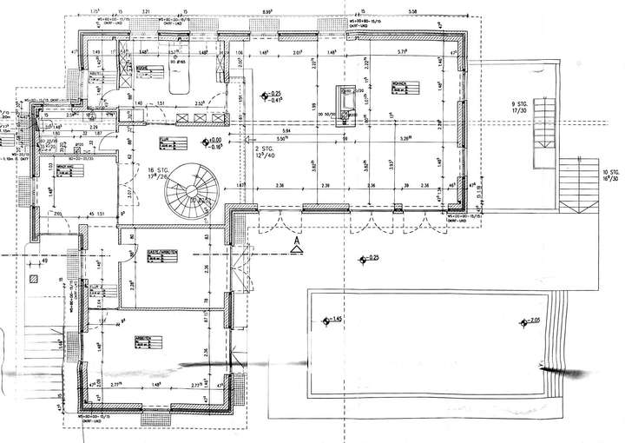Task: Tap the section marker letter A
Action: [297, 241]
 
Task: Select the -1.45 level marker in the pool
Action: [332, 322]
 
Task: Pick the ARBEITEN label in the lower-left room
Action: [146, 340]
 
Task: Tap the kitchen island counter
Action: [181, 81]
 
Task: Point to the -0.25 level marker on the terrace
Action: [371, 258]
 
